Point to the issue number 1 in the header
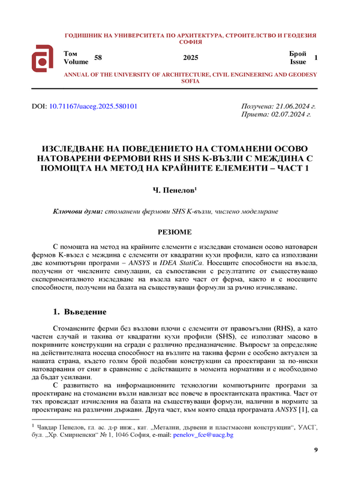click(316, 57)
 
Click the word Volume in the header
click(76, 61)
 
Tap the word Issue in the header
click(298, 61)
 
